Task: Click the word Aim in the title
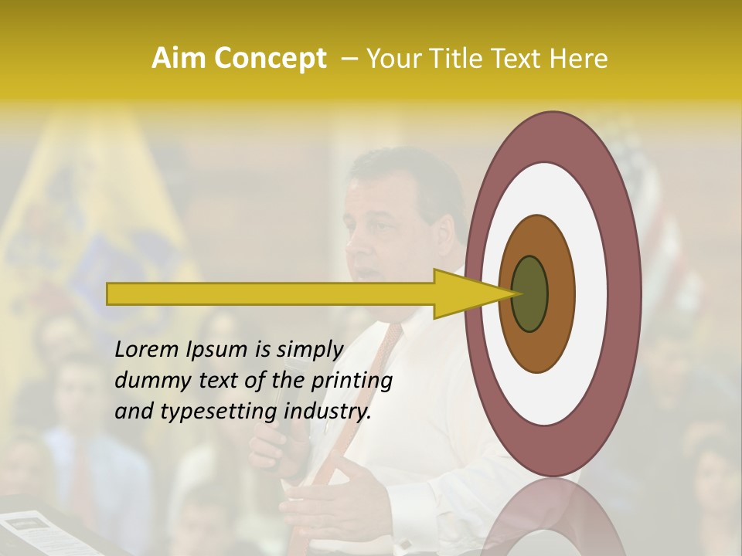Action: pos(179,58)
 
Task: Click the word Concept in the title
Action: pos(269,59)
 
